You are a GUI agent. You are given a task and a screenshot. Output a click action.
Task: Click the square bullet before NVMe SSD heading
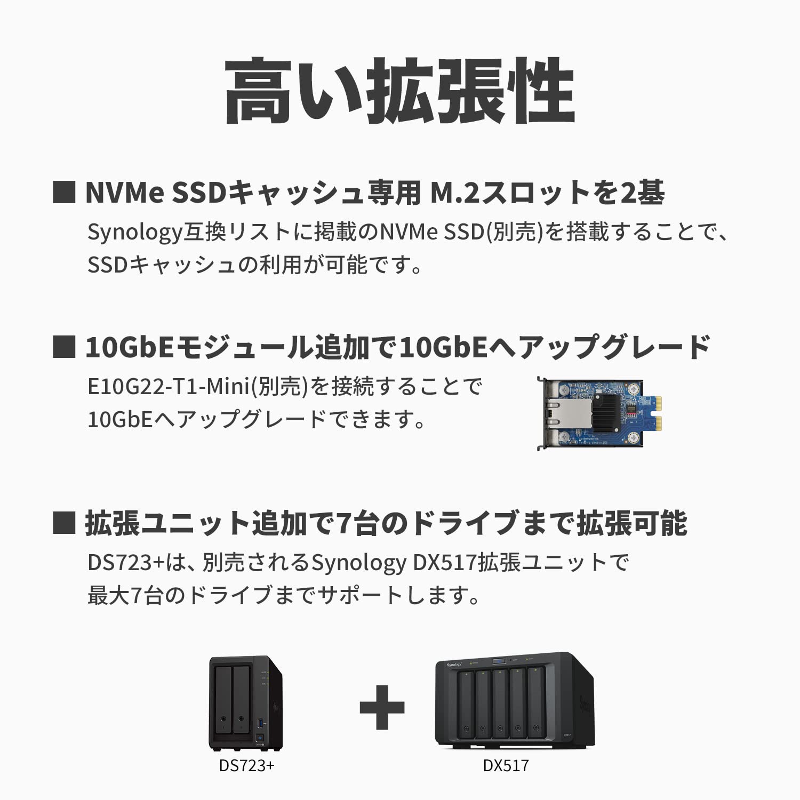tap(64, 193)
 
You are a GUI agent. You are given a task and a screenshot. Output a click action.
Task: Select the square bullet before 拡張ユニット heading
tap(64, 523)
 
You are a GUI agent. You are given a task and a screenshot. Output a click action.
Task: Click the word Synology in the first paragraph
tap(134, 233)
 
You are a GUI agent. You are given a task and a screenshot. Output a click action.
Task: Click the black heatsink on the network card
tap(606, 412)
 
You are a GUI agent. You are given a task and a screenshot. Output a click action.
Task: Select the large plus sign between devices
tap(382, 707)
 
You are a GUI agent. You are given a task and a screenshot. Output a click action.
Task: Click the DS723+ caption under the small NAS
tap(246, 766)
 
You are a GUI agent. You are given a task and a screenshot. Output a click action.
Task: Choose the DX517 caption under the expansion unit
tap(506, 766)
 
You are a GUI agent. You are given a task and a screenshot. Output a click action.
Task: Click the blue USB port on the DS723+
tap(261, 723)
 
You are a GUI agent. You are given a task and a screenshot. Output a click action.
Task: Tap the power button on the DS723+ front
tap(260, 739)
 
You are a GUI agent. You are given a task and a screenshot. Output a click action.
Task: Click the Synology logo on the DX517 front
tap(454, 665)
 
